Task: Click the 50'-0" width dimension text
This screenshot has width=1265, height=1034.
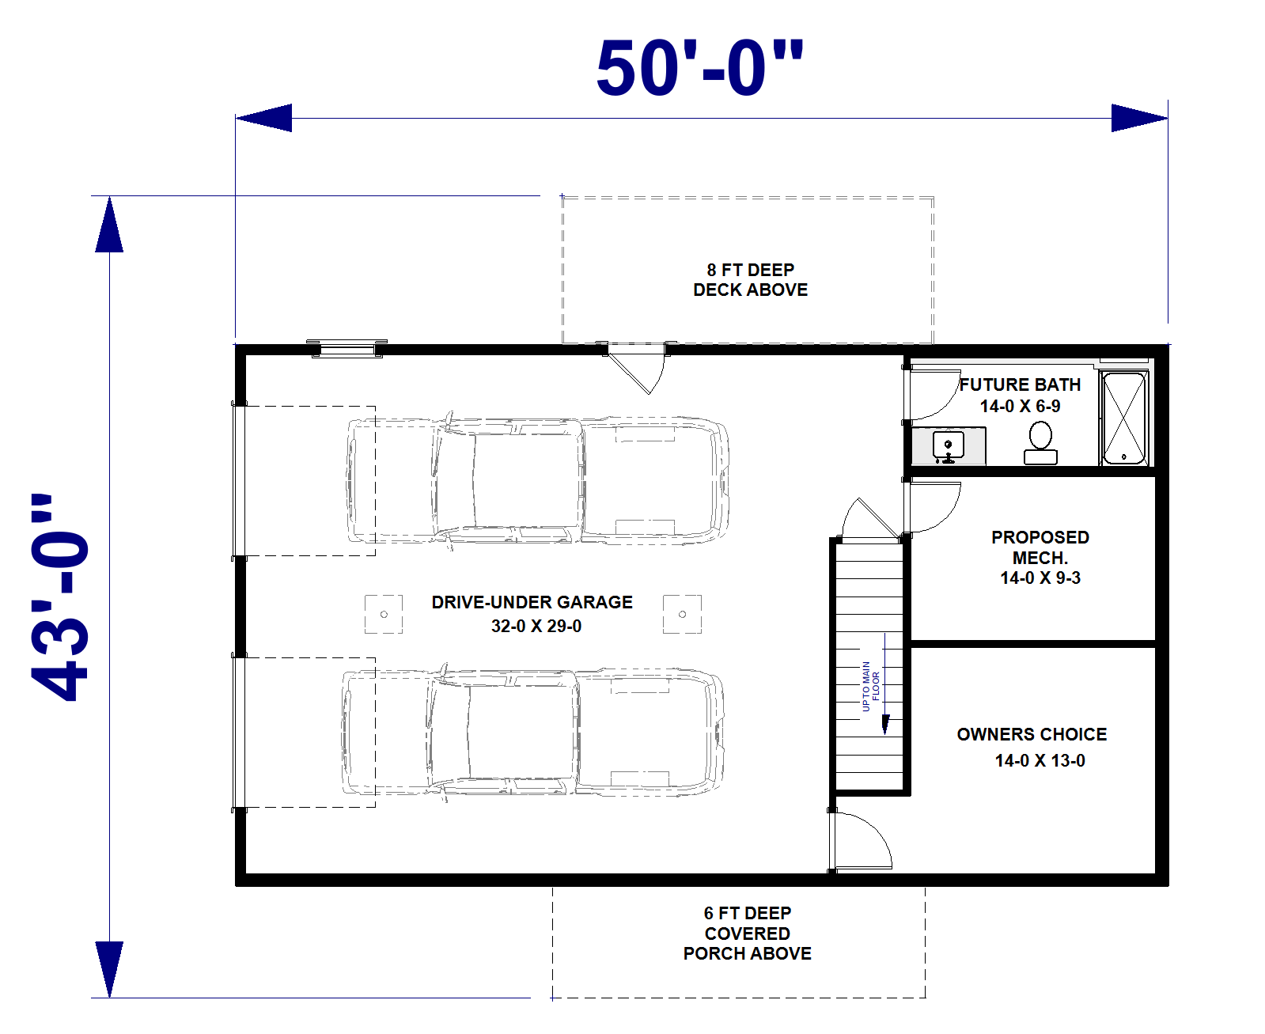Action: (x=699, y=68)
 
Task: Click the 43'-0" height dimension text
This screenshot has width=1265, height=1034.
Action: (x=59, y=597)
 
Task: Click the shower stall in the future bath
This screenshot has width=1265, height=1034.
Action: (x=1123, y=418)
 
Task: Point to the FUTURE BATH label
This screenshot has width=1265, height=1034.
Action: (x=1020, y=385)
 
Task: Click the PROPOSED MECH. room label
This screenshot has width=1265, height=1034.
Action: (x=1040, y=547)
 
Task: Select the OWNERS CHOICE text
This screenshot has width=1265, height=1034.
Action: (x=1032, y=734)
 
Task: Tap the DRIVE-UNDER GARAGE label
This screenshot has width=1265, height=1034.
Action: (x=532, y=602)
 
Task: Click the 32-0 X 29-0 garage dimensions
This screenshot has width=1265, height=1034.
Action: (x=536, y=626)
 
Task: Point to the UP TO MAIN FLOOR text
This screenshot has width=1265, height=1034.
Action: (x=870, y=686)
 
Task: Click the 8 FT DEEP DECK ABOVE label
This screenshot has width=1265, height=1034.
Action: (x=750, y=280)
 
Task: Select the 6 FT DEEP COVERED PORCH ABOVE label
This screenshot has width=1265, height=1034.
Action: (x=747, y=934)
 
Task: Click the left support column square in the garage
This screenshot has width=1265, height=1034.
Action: (x=384, y=614)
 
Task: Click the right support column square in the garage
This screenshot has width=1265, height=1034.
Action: (x=682, y=614)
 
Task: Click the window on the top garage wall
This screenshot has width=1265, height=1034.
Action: (x=347, y=348)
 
